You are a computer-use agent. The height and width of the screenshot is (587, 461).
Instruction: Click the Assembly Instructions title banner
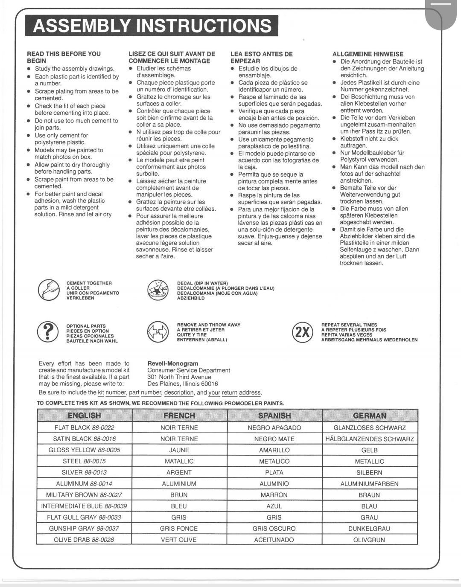pyautogui.click(x=152, y=26)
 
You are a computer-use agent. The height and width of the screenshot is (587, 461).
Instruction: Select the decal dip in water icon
pyautogui.click(x=158, y=290)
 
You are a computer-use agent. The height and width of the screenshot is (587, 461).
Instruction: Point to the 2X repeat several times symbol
pyautogui.click(x=302, y=332)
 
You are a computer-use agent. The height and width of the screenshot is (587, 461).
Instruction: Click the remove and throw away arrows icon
pyautogui.click(x=158, y=332)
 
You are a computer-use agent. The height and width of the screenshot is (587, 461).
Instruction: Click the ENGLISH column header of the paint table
pyautogui.click(x=84, y=415)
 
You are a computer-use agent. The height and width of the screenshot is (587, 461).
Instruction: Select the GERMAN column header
pyautogui.click(x=370, y=415)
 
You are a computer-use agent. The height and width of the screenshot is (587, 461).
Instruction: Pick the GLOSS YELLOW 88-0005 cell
pyautogui.click(x=84, y=450)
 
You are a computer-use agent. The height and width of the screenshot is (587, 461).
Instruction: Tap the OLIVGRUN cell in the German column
pyautogui.click(x=369, y=540)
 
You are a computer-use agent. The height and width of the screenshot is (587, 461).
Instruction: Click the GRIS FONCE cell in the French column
pyautogui.click(x=179, y=528)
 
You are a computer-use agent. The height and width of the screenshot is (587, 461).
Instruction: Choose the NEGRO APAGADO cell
pyautogui.click(x=274, y=427)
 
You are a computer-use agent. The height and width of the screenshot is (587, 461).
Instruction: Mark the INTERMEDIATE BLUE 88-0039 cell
pyautogui.click(x=84, y=506)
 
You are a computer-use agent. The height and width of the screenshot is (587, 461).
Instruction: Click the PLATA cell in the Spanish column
pyautogui.click(x=274, y=472)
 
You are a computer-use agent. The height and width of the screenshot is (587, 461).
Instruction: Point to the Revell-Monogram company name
pyautogui.click(x=173, y=363)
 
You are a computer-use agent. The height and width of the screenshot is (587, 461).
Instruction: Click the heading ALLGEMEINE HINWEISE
pyautogui.click(x=368, y=54)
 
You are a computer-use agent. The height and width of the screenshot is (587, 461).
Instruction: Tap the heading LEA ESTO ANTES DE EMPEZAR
pyautogui.click(x=261, y=57)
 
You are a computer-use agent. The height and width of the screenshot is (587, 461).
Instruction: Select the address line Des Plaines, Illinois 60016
pyautogui.click(x=183, y=384)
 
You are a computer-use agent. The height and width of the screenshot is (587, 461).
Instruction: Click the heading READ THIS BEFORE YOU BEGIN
pyautogui.click(x=64, y=57)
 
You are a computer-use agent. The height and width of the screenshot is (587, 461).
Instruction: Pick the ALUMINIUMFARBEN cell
pyautogui.click(x=369, y=484)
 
